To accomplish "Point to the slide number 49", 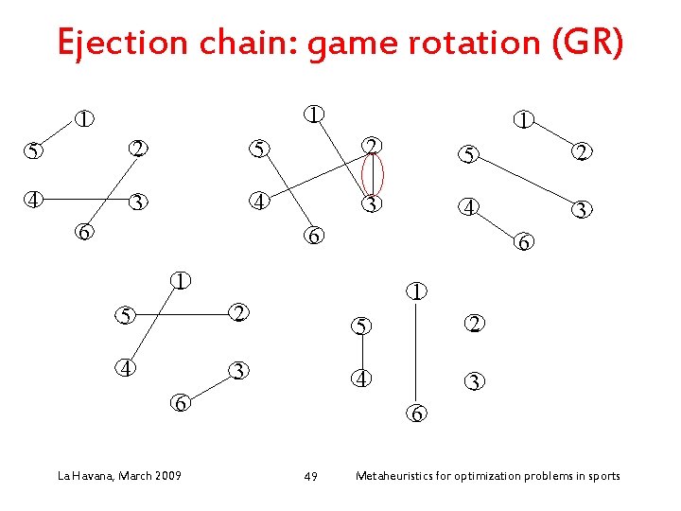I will (311, 476).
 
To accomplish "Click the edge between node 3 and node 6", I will (208, 386).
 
